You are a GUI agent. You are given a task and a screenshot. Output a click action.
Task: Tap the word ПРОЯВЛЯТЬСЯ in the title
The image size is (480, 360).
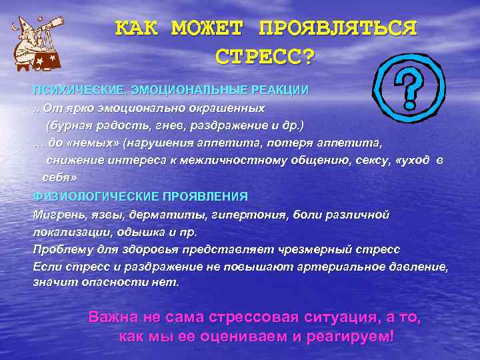click(338, 29)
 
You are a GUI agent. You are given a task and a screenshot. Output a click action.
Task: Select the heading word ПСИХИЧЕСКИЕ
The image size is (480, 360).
click(71, 90)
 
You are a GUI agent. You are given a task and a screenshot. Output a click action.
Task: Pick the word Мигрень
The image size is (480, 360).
click(55, 215)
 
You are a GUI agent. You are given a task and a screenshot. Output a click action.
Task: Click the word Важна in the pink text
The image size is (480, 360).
click(113, 317)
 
